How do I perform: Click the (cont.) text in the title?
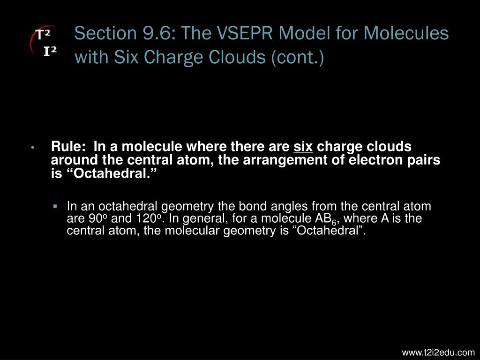(297, 57)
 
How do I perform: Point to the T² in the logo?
(43, 34)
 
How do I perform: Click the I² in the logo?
(50, 51)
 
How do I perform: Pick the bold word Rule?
(68, 146)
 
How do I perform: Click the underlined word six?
(303, 147)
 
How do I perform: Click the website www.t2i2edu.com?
(438, 352)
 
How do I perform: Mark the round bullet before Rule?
(32, 148)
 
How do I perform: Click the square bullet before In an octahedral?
(55, 206)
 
